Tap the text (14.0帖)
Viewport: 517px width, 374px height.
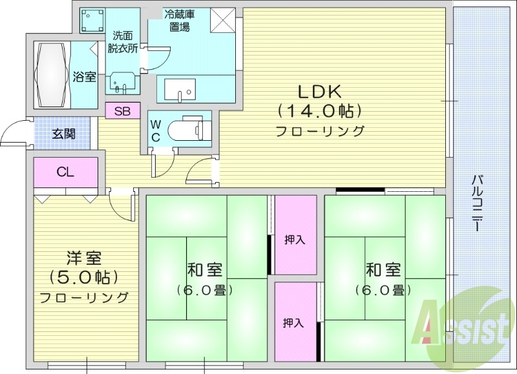(319, 110)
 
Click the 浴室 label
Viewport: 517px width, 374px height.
(84, 77)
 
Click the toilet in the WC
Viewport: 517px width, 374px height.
(188, 129)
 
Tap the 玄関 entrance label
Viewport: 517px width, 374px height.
(63, 134)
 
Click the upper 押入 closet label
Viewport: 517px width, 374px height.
(295, 240)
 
